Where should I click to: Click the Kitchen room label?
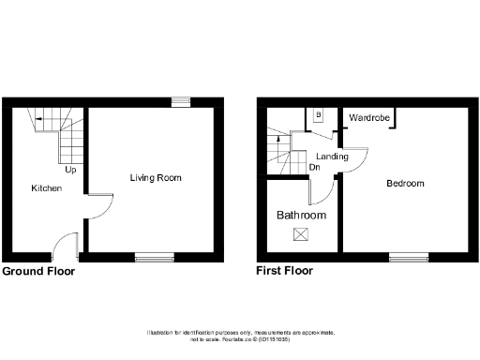click(x=46, y=188)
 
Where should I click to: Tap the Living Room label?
click(x=155, y=177)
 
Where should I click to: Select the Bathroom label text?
click(x=301, y=215)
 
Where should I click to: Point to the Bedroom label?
click(x=405, y=183)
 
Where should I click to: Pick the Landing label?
click(x=332, y=157)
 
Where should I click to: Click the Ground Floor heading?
click(x=38, y=271)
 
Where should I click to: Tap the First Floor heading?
click(x=285, y=271)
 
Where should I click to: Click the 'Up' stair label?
click(x=70, y=170)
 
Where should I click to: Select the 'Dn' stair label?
click(x=313, y=169)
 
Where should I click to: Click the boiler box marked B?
click(x=318, y=115)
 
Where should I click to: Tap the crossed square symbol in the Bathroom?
click(x=301, y=233)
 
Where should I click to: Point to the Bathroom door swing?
click(x=322, y=191)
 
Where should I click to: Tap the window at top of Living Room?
click(x=179, y=101)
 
